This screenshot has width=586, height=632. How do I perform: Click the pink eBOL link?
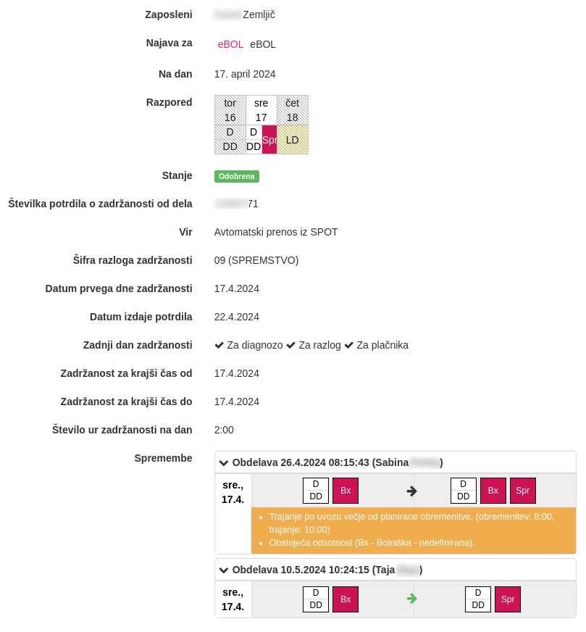pyautogui.click(x=230, y=44)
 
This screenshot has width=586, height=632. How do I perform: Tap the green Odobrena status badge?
pyautogui.click(x=237, y=176)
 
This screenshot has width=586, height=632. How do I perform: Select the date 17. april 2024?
pyautogui.click(x=245, y=74)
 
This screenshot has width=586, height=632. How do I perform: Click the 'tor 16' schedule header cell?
pyautogui.click(x=230, y=110)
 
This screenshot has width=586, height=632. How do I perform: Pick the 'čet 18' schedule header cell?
pyautogui.click(x=293, y=110)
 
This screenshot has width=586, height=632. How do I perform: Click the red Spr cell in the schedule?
pyautogui.click(x=269, y=140)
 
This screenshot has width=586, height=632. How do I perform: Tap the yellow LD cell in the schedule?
pyautogui.click(x=293, y=140)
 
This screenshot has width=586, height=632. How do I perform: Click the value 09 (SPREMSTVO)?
pyautogui.click(x=256, y=260)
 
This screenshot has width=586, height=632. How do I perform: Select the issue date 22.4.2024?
pyautogui.click(x=237, y=317)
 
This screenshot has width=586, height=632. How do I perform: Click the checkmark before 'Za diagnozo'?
pyautogui.click(x=219, y=345)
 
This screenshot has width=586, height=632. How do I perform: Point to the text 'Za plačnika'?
pyautogui.click(x=382, y=345)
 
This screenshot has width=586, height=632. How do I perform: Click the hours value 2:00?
pyautogui.click(x=224, y=430)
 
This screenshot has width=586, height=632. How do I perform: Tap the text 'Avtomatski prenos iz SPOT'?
pyautogui.click(x=276, y=232)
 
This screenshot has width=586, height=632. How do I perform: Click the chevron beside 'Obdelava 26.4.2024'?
pyautogui.click(x=224, y=463)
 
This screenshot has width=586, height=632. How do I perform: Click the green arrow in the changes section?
pyautogui.click(x=412, y=599)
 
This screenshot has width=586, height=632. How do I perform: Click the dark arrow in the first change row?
pyautogui.click(x=412, y=491)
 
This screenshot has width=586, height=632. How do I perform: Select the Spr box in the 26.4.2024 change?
pyautogui.click(x=523, y=491)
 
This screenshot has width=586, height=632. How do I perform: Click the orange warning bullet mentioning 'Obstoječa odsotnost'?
pyautogui.click(x=372, y=542)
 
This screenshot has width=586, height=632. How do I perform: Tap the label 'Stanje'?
pyautogui.click(x=177, y=175)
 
